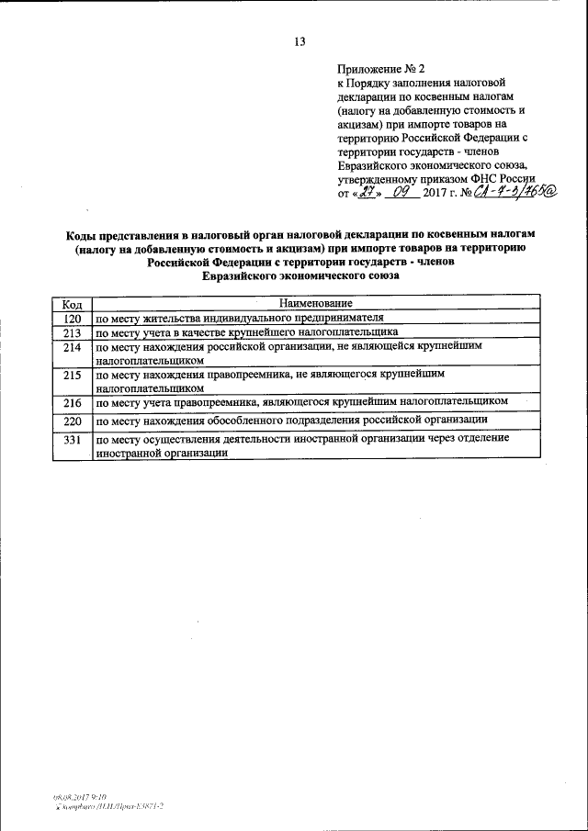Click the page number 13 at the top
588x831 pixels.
[x=299, y=41]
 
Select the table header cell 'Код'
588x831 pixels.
[x=73, y=303]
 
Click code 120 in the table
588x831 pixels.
[x=73, y=317]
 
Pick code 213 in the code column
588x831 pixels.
[x=73, y=332]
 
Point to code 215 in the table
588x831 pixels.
[x=73, y=376]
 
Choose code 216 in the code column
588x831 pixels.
[x=73, y=401]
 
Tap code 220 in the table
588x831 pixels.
[x=73, y=420]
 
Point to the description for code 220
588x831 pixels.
[x=291, y=420]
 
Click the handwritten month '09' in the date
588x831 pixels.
[x=401, y=195]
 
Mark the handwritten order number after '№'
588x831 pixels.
[x=514, y=195]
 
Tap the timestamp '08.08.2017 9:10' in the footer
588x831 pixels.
[x=79, y=798]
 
